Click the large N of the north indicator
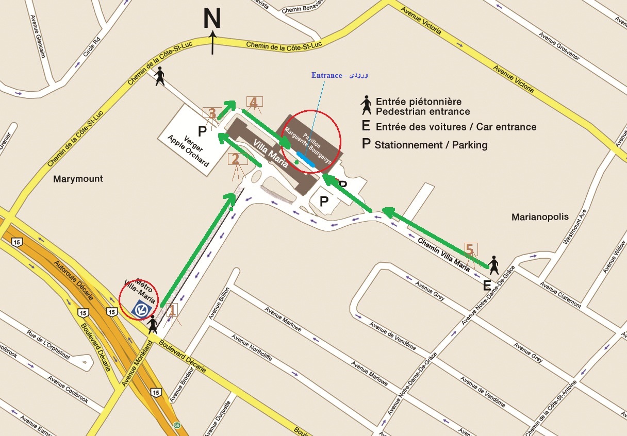pos(212,19)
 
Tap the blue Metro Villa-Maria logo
pos(140,308)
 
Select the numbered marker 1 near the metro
pos(172,310)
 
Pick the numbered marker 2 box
pos(235,159)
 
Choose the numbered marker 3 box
pos(212,113)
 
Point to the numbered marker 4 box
pos(254,102)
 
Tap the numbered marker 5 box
pos(470,249)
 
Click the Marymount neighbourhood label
pos(78,179)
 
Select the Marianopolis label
pos(540,217)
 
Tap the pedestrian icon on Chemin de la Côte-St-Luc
pos(160,76)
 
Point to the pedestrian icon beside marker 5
pos(493,265)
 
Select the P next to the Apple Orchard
pos(202,131)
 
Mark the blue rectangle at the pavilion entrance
pos(308,160)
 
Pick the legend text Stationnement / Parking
pos(431,145)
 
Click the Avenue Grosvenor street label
pos(559,46)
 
